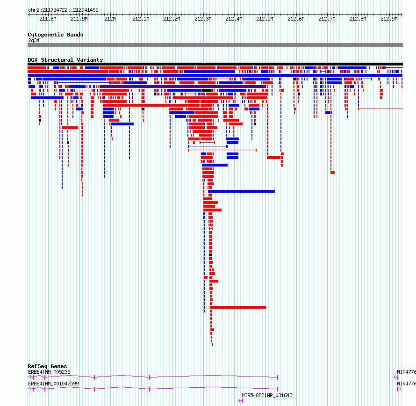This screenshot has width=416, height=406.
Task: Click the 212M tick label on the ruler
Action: pyautogui.click(x=110, y=19)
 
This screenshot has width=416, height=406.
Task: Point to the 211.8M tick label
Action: pyautogui.click(x=48, y=19)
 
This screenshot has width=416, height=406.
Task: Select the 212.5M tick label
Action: pyautogui.click(x=265, y=19)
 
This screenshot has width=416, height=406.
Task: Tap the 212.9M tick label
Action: pyautogui.click(x=389, y=19)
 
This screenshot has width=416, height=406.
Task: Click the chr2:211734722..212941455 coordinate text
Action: pyautogui.click(x=63, y=10)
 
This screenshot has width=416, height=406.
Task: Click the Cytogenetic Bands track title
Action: pyautogui.click(x=56, y=35)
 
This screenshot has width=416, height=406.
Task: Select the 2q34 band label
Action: pyautogui.click(x=34, y=40)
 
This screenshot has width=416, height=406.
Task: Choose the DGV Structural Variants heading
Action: pyautogui.click(x=65, y=60)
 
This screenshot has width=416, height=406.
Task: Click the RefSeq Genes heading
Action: pyautogui.click(x=47, y=366)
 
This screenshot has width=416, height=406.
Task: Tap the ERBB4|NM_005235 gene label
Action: pyautogui.click(x=49, y=372)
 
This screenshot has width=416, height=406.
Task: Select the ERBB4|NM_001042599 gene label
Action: pyautogui.click(x=53, y=384)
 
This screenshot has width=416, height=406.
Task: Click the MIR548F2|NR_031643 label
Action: pyautogui.click(x=267, y=395)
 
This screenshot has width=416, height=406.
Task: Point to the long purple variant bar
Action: pyautogui.click(x=183, y=87)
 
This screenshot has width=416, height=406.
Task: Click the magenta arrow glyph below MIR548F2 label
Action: pyautogui.click(x=241, y=401)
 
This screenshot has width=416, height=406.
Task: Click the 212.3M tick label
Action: pyautogui.click(x=203, y=19)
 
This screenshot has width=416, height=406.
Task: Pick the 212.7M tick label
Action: pyautogui.click(x=327, y=19)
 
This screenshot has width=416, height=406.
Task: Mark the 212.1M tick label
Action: pyautogui.click(x=141, y=19)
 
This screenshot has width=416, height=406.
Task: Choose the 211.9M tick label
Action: pyautogui.click(x=79, y=19)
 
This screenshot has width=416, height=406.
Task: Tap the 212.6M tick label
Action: pyautogui.click(x=296, y=19)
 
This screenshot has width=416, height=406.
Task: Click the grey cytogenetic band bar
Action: pyautogui.click(x=215, y=45)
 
